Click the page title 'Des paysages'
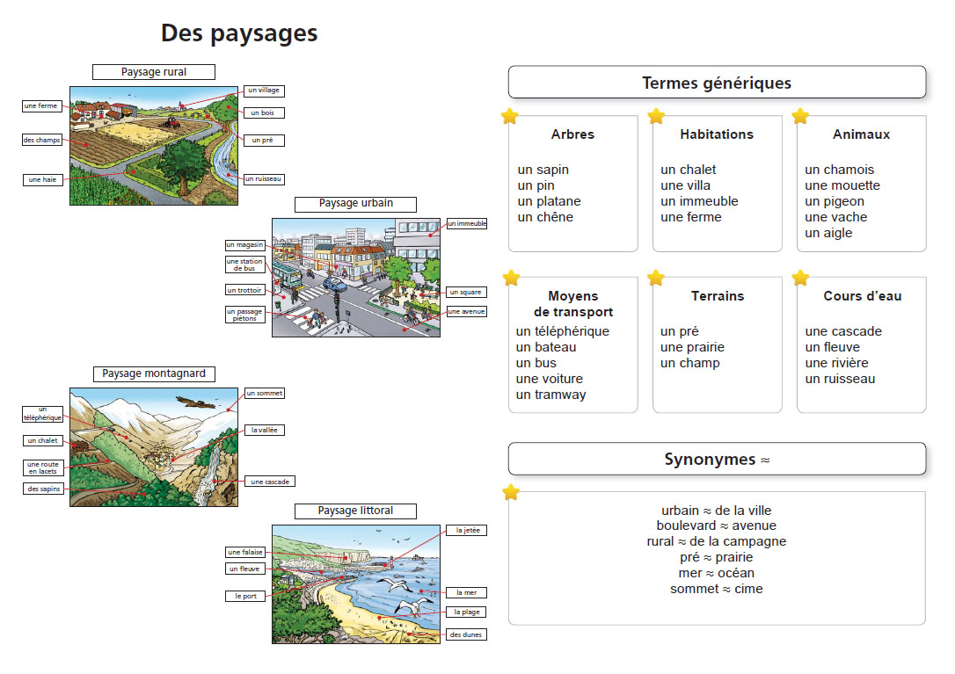coord(239,33)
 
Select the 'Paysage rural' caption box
coord(154,72)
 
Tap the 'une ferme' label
coord(42,106)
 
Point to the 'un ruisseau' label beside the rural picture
coord(264,179)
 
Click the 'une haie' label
coord(42,179)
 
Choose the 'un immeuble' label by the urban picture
coord(467,223)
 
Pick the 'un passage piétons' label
coord(244,315)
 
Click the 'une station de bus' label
coord(244,265)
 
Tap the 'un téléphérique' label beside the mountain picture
coord(42,414)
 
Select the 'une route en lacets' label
coord(43,467)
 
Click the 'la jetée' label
coord(467,530)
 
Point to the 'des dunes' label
coord(467,634)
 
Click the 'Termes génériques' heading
coord(717,83)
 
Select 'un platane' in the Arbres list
coord(549,201)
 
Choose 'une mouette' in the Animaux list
coord(842,185)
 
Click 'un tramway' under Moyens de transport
coord(550,395)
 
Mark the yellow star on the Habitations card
coord(656,116)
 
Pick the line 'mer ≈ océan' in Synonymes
coord(716,573)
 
